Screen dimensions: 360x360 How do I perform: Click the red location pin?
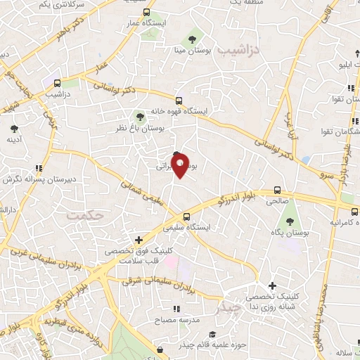click(181, 165)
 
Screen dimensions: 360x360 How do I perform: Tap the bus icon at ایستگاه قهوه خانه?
click(179, 101)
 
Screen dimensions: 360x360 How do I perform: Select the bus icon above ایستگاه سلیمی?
click(187, 217)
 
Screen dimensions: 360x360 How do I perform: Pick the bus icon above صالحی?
click(277, 190)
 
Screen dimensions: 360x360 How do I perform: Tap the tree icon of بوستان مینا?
click(191, 39)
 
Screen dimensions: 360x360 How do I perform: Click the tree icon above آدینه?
click(13, 129)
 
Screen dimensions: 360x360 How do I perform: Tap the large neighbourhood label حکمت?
click(86, 214)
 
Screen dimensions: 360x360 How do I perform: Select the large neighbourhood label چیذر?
click(230, 307)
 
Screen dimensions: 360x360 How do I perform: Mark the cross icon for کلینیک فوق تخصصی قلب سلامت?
click(139, 240)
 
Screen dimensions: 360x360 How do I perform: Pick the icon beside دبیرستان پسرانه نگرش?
click(39, 168)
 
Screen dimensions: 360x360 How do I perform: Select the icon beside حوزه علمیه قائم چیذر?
click(160, 349)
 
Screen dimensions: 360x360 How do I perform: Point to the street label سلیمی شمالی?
click(139, 191)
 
